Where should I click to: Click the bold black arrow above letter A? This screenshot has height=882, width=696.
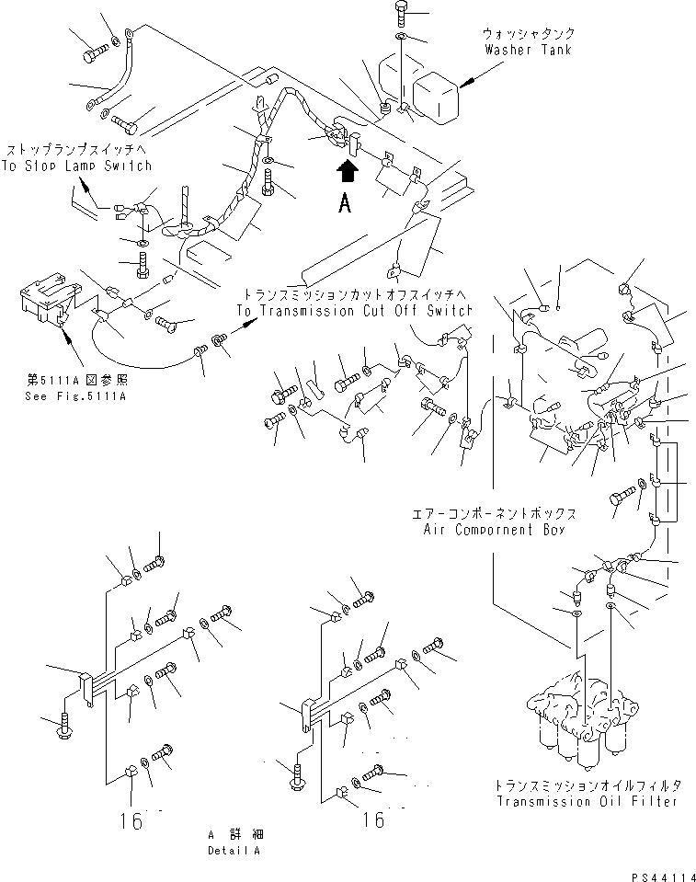[x=347, y=172]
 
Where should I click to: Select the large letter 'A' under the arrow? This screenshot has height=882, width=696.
[x=345, y=205]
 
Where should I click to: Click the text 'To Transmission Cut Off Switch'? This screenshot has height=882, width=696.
[x=354, y=312]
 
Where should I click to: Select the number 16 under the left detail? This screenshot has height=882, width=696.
[x=132, y=820]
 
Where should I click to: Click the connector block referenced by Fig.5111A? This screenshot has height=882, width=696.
[x=44, y=304]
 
